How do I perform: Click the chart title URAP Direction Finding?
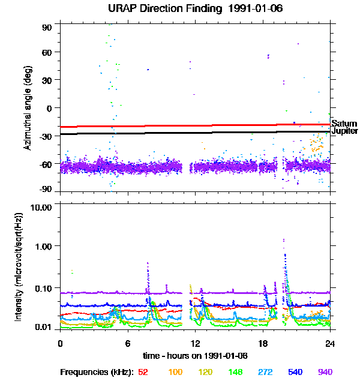point(179,9)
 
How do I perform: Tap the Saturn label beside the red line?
point(344,124)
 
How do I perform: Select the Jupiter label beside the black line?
point(345,131)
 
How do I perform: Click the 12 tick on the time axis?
point(195,343)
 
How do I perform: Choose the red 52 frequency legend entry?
point(143,373)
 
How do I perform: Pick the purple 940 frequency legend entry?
point(325,373)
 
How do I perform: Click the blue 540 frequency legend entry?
point(295,373)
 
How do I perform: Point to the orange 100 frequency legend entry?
point(175,373)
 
